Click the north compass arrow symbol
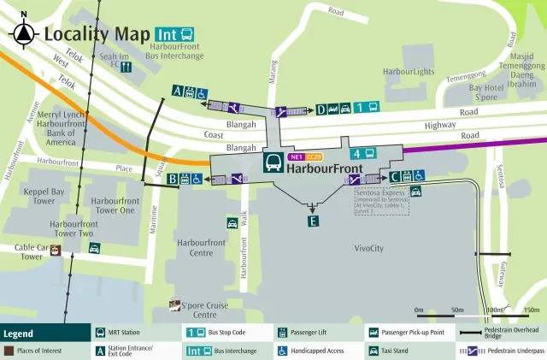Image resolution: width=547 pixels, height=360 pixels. [24, 33]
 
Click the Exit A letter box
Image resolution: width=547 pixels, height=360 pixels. [177, 90]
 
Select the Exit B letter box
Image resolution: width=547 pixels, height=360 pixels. [173, 179]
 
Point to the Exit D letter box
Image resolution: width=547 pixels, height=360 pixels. [321, 109]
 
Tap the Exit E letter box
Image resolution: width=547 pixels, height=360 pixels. [313, 221]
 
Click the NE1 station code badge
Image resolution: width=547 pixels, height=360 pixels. [297, 157]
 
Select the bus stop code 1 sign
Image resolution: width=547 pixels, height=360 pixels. [367, 108]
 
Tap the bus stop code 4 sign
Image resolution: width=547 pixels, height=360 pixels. [362, 154]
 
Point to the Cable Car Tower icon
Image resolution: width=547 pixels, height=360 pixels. [56, 251]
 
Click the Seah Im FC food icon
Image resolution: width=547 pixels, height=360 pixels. [126, 66]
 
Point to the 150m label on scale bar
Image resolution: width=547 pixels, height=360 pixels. [531, 310]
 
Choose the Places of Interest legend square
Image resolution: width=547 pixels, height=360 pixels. [8, 351]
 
